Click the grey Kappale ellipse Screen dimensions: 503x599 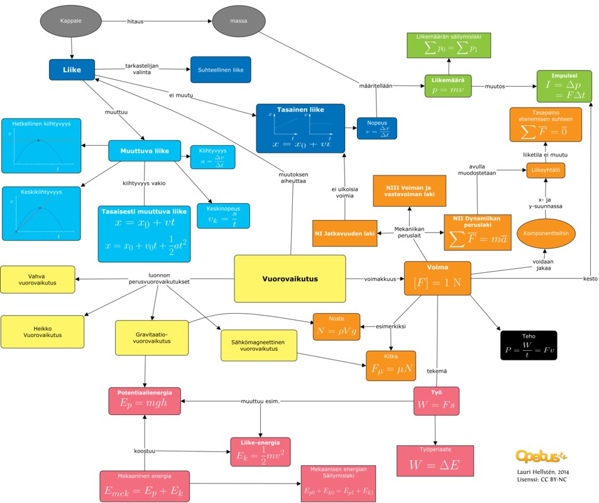pyautogui.click(x=70, y=21)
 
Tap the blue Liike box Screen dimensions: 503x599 pyautogui.click(x=72, y=70)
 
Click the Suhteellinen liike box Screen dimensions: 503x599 pyautogui.click(x=221, y=70)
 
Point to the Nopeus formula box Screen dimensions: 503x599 pyautogui.click(x=377, y=128)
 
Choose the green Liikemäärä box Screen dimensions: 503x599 pyautogui.click(x=448, y=86)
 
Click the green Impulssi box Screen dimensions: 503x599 pyautogui.click(x=564, y=86)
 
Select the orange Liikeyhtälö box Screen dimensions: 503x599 pyautogui.click(x=545, y=170)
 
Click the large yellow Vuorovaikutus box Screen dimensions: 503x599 pyautogui.click(x=290, y=279)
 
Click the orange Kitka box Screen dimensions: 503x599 pyautogui.click(x=390, y=366)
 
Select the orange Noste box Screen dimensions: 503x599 pyautogui.click(x=336, y=326)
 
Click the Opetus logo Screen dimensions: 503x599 pyautogui.click(x=541, y=455)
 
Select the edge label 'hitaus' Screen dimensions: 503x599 pyautogui.click(x=135, y=21)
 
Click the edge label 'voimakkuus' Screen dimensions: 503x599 pyautogui.click(x=380, y=278)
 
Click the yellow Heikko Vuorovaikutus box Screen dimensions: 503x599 pyautogui.click(x=42, y=331)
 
